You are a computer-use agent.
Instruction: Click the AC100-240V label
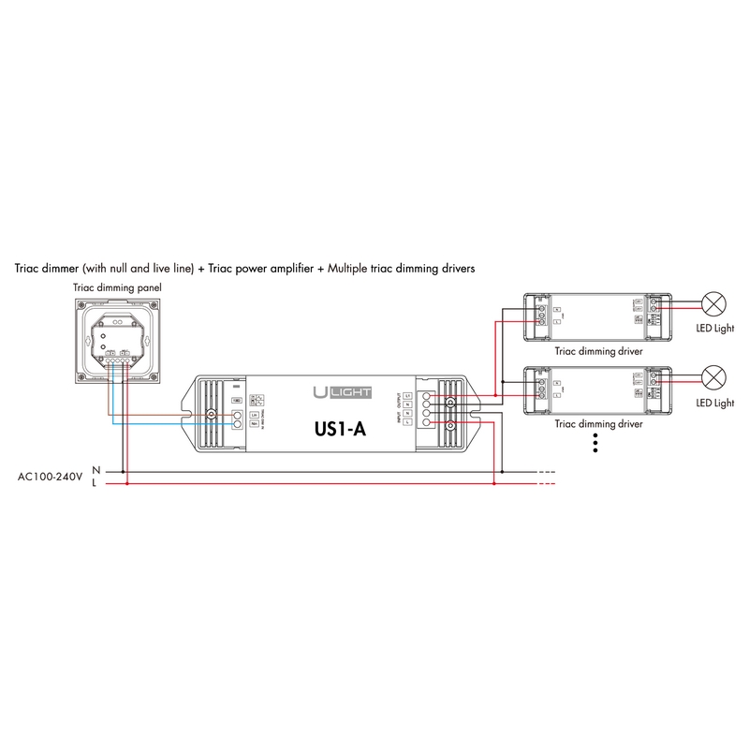pyautogui.click(x=51, y=477)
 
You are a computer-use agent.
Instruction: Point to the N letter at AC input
pyautogui.click(x=95, y=469)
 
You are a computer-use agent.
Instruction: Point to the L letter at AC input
pyautogui.click(x=95, y=484)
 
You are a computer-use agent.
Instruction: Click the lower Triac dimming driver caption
pyautogui.click(x=599, y=423)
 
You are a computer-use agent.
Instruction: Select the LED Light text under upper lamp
pyautogui.click(x=716, y=329)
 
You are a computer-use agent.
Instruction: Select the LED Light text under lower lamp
pyautogui.click(x=716, y=403)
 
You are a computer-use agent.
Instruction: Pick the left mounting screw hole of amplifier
pyautogui.click(x=212, y=413)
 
